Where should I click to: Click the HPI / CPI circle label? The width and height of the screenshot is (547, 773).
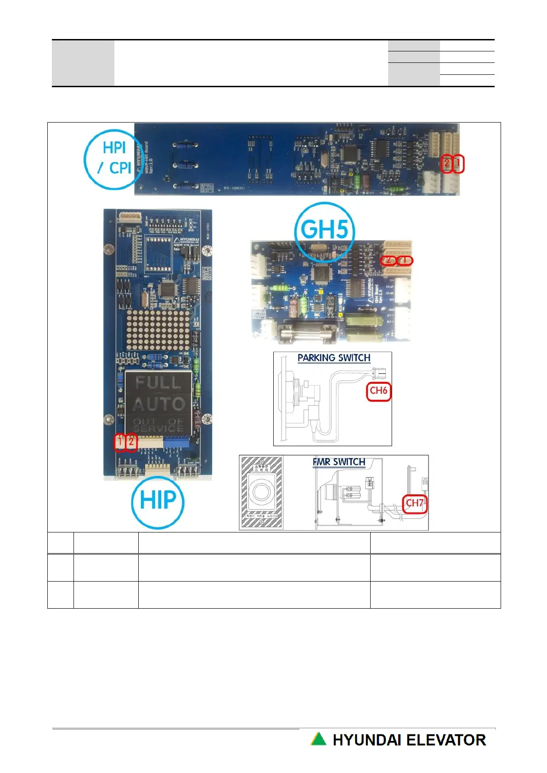(x=113, y=159)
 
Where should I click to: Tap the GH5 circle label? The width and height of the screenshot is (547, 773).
(x=324, y=229)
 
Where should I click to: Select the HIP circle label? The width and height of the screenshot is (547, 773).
(x=158, y=501)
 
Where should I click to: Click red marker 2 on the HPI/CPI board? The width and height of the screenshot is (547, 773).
(x=446, y=163)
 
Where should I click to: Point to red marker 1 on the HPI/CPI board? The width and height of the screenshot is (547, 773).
(x=458, y=163)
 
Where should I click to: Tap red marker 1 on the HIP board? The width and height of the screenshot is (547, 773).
(x=119, y=442)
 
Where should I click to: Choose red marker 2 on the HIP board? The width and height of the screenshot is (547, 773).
(x=131, y=442)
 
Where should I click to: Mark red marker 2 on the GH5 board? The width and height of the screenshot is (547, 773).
(x=389, y=260)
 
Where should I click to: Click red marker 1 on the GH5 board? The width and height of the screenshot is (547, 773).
(x=405, y=260)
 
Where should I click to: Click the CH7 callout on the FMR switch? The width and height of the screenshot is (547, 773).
(x=415, y=503)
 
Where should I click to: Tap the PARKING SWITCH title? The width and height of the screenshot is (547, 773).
(x=333, y=358)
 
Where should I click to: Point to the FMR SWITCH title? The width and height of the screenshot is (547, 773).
(x=339, y=462)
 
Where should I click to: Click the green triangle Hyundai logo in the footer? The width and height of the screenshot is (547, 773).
(x=318, y=739)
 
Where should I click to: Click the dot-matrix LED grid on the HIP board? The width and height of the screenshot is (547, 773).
(x=158, y=329)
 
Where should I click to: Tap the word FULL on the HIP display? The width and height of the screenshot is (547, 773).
(x=158, y=382)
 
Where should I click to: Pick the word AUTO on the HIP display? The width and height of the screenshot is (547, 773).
(x=158, y=404)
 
